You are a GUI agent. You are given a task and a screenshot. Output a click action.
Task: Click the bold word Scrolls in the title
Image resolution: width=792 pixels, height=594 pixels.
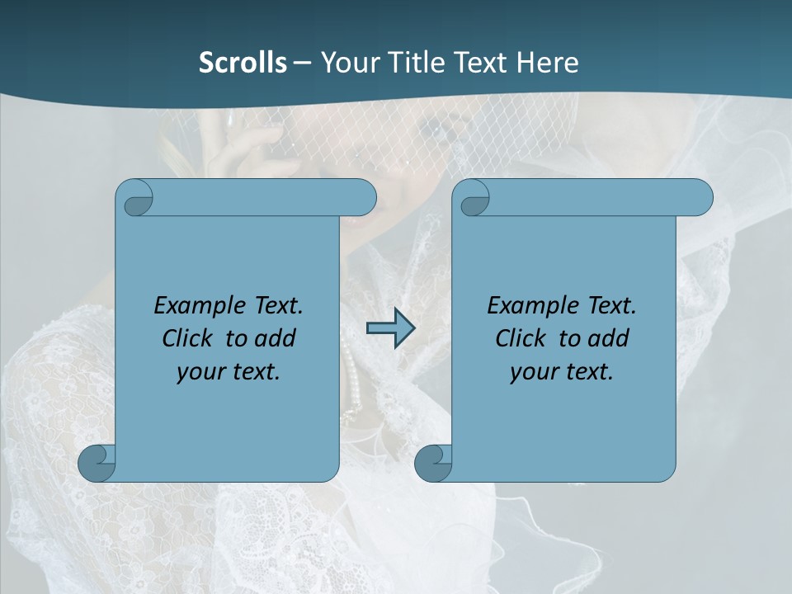coord(243,62)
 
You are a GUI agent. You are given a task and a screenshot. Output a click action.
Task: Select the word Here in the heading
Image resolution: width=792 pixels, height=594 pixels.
coord(547,62)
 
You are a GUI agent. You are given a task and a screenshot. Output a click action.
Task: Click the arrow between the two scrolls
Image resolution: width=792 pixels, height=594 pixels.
coord(390,328)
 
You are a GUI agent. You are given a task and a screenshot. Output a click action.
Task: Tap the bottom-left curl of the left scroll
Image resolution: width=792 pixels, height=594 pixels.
coord(97,463)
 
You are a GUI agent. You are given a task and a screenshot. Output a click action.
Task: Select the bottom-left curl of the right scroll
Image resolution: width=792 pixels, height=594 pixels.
coord(433,463)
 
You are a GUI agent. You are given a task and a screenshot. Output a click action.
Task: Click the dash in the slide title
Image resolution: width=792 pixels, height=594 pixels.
coord(302,62)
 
